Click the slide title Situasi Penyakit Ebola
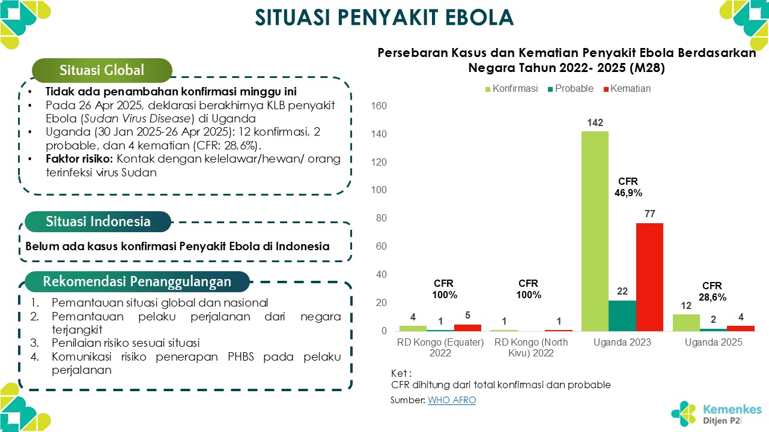pos(384,18)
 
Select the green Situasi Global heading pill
pos(102,70)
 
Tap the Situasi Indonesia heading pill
pos(98,221)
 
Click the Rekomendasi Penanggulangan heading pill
pos(137,281)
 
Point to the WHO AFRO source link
pos(451,400)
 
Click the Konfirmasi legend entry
pos(511,89)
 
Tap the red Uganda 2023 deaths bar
pos(650,277)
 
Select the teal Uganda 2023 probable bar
pos(622,316)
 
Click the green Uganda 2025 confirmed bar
pos(686,322)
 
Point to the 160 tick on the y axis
pos(380,106)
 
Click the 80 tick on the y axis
pos(382,218)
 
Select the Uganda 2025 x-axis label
pos(714,343)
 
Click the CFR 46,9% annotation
pos(628,187)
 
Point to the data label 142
pos(595,123)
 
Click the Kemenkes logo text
pos(732,410)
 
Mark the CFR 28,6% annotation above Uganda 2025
pos(713,292)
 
